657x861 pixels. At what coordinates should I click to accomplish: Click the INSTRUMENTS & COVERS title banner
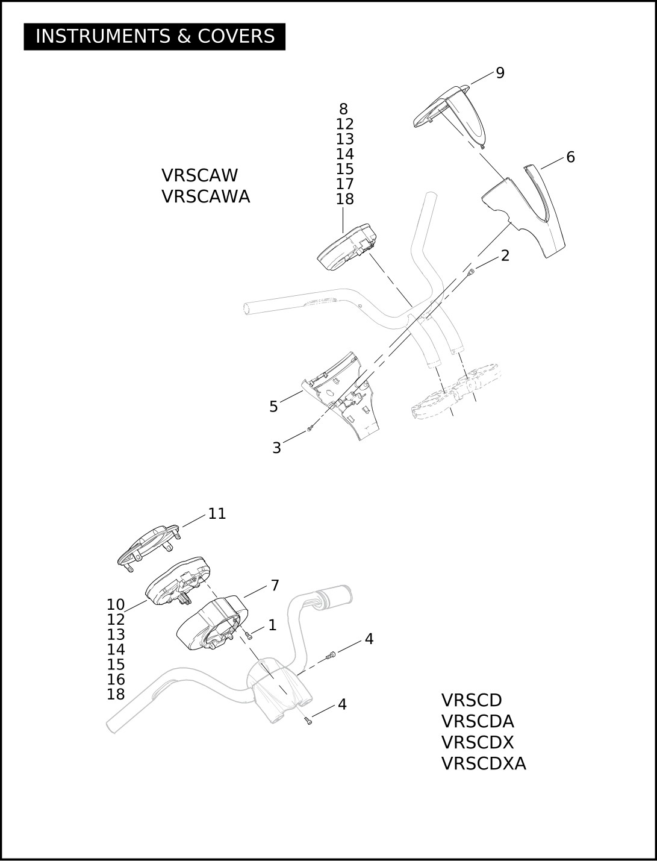point(154,37)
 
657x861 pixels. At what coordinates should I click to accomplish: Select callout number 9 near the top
point(500,73)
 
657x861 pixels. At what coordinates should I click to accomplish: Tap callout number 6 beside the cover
point(570,157)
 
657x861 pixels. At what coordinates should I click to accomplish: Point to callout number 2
point(505,255)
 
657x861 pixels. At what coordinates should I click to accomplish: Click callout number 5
point(273,407)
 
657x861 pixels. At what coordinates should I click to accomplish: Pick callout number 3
point(276,448)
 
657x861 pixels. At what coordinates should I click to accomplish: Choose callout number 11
point(217,513)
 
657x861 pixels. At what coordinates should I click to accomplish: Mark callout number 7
point(275,585)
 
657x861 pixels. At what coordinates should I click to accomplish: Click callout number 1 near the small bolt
point(272,625)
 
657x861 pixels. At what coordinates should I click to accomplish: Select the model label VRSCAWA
point(205,196)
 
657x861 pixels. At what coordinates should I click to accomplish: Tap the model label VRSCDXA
point(484,763)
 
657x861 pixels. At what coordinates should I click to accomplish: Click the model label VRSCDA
point(478,721)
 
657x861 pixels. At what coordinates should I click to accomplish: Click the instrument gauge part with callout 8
point(344,247)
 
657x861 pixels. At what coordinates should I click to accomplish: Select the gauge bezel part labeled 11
point(149,543)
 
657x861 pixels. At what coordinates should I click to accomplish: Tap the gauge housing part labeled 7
point(211,623)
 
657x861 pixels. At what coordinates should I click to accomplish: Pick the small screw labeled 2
point(472,271)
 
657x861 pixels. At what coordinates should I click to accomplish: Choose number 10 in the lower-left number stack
point(116,604)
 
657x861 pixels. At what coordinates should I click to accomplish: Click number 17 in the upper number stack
point(344,184)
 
